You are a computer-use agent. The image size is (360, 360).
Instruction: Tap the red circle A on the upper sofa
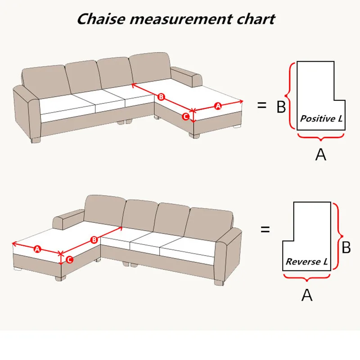(x=218, y=106)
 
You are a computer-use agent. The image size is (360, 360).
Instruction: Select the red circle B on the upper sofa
(x=161, y=97)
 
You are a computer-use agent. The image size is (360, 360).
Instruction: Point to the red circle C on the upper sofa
(x=185, y=117)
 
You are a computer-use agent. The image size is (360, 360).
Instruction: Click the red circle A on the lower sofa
(x=37, y=249)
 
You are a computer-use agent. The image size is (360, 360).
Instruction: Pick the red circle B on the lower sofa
(x=94, y=240)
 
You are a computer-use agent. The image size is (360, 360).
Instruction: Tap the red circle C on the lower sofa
(x=69, y=260)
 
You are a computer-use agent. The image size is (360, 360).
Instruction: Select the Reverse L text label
(x=307, y=261)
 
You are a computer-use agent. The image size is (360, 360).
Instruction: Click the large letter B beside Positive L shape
(x=281, y=107)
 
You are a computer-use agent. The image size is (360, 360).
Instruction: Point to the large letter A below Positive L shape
(x=320, y=154)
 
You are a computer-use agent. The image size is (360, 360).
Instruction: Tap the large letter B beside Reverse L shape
(x=346, y=247)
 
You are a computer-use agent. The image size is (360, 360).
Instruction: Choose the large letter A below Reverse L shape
(x=306, y=295)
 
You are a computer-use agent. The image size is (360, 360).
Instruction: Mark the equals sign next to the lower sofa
(x=265, y=229)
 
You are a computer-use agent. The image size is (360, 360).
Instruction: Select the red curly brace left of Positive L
(x=291, y=95)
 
